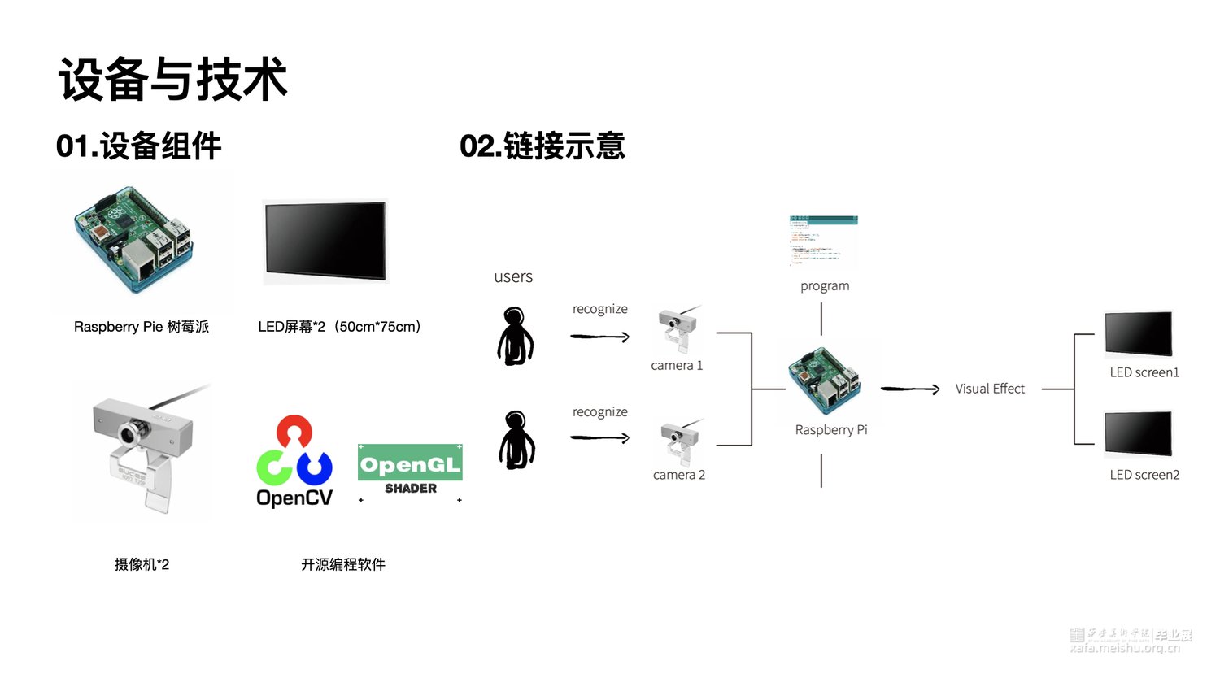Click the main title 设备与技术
tap(173, 80)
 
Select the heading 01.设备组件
tap(138, 146)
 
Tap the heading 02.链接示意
tap(542, 146)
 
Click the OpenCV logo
tap(294, 462)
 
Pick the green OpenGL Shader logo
tap(410, 469)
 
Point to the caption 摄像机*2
tap(142, 564)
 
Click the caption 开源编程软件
tap(342, 564)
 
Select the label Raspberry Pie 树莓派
tap(142, 327)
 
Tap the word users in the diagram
tap(513, 277)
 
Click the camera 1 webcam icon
tap(678, 329)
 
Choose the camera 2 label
tap(679, 475)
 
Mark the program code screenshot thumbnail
tap(823, 241)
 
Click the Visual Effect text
tap(990, 389)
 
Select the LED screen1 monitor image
tap(1139, 333)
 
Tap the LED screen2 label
tap(1144, 475)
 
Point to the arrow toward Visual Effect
tap(910, 389)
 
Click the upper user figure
tap(515, 336)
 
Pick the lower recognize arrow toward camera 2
tap(600, 438)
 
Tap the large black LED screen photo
tap(325, 241)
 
